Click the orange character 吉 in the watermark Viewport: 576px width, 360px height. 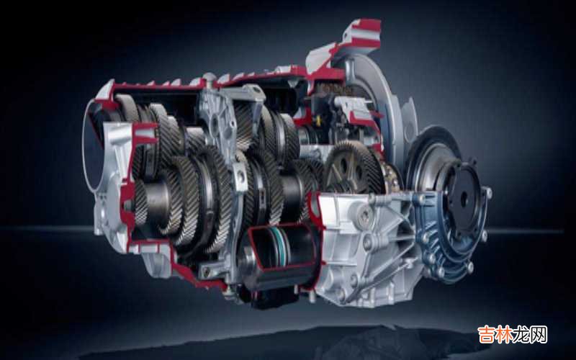click(486, 334)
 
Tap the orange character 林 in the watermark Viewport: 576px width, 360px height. click(503, 334)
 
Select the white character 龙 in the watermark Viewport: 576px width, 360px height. click(521, 334)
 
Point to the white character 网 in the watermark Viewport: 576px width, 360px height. click(539, 334)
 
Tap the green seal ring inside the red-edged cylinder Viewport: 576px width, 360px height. click(281, 246)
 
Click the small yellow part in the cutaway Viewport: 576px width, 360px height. click(318, 120)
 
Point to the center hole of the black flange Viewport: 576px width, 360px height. click(463, 199)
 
